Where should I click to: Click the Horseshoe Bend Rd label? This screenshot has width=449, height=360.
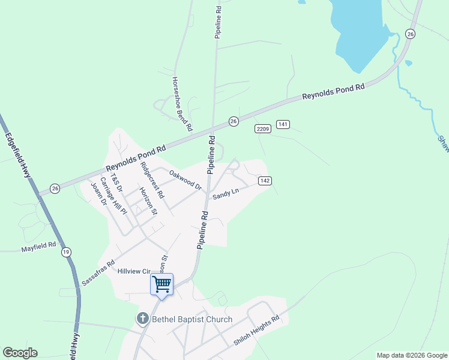pos(182,104)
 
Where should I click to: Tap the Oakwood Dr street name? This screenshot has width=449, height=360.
pos(185,180)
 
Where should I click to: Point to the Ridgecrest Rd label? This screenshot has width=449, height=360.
pos(151,179)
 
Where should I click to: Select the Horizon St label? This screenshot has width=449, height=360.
pos(148,201)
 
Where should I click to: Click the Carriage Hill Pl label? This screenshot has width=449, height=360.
pos(113,196)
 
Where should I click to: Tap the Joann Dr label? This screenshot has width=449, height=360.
pos(98,194)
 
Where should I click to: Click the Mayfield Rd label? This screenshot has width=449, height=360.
pos(38,246)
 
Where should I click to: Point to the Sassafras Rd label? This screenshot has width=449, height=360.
pos(98,272)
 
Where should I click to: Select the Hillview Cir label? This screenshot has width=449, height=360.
pos(133,271)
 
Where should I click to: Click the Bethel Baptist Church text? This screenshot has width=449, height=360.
pos(191,319)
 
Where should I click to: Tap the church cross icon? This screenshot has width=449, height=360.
pos(143,319)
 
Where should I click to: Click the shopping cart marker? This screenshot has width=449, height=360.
pos(161,284)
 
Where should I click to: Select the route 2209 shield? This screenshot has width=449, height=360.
pos(262,129)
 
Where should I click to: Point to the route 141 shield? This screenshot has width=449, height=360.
pos(283,124)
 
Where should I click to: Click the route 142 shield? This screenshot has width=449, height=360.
pos(265,181)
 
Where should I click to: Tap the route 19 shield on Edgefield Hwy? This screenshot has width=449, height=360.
pos(65,254)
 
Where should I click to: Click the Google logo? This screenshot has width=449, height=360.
pos(20,353)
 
